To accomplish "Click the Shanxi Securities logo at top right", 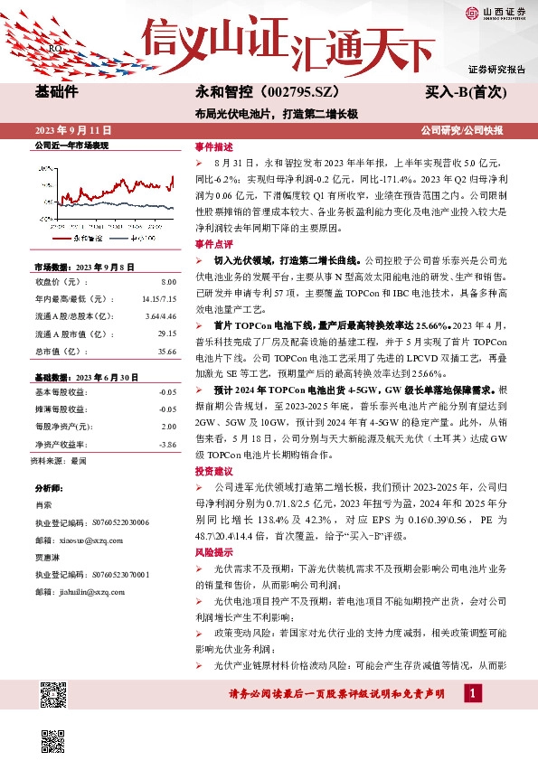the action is (494, 13).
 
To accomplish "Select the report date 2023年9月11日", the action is (67, 128).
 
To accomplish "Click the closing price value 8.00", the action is (168, 283).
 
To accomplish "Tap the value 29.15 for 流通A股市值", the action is (165, 332).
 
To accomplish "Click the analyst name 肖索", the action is (43, 505).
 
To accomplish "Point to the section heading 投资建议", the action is (213, 472).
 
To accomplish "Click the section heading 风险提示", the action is (213, 551).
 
